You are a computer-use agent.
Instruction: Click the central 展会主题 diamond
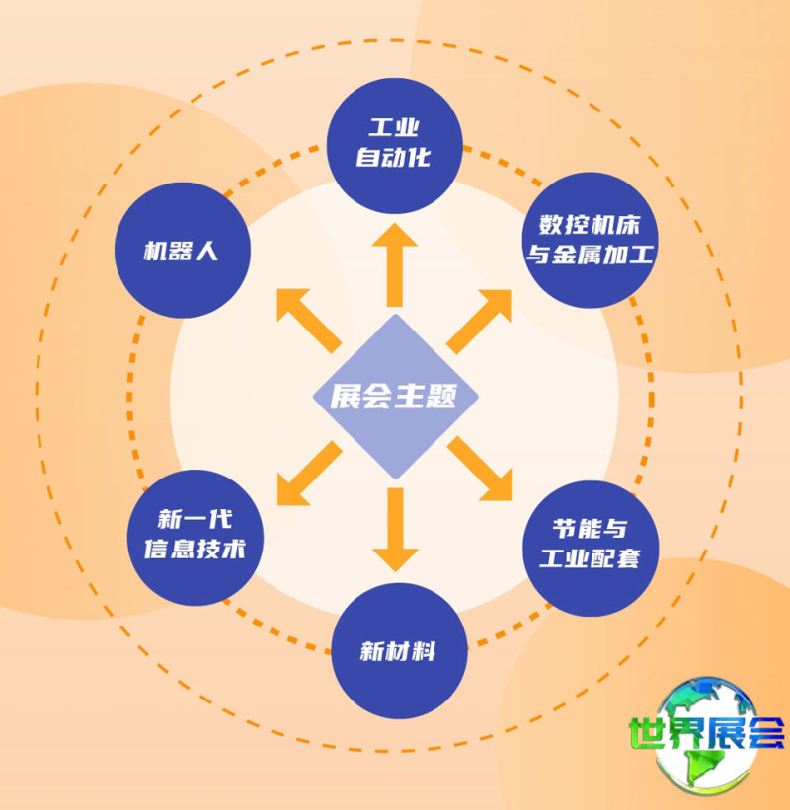tap(395, 397)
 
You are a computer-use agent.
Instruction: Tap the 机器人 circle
tap(183, 250)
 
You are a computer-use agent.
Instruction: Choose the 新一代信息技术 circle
tap(197, 538)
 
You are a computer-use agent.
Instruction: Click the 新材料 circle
tap(398, 651)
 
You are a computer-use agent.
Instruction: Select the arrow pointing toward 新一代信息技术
tap(307, 474)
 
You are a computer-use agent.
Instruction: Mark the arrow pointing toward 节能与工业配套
tap(483, 471)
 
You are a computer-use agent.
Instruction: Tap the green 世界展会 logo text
tap(706, 733)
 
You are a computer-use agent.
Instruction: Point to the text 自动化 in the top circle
tap(394, 158)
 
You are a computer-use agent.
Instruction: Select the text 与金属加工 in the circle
tap(590, 256)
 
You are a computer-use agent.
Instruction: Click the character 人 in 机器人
tap(207, 250)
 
